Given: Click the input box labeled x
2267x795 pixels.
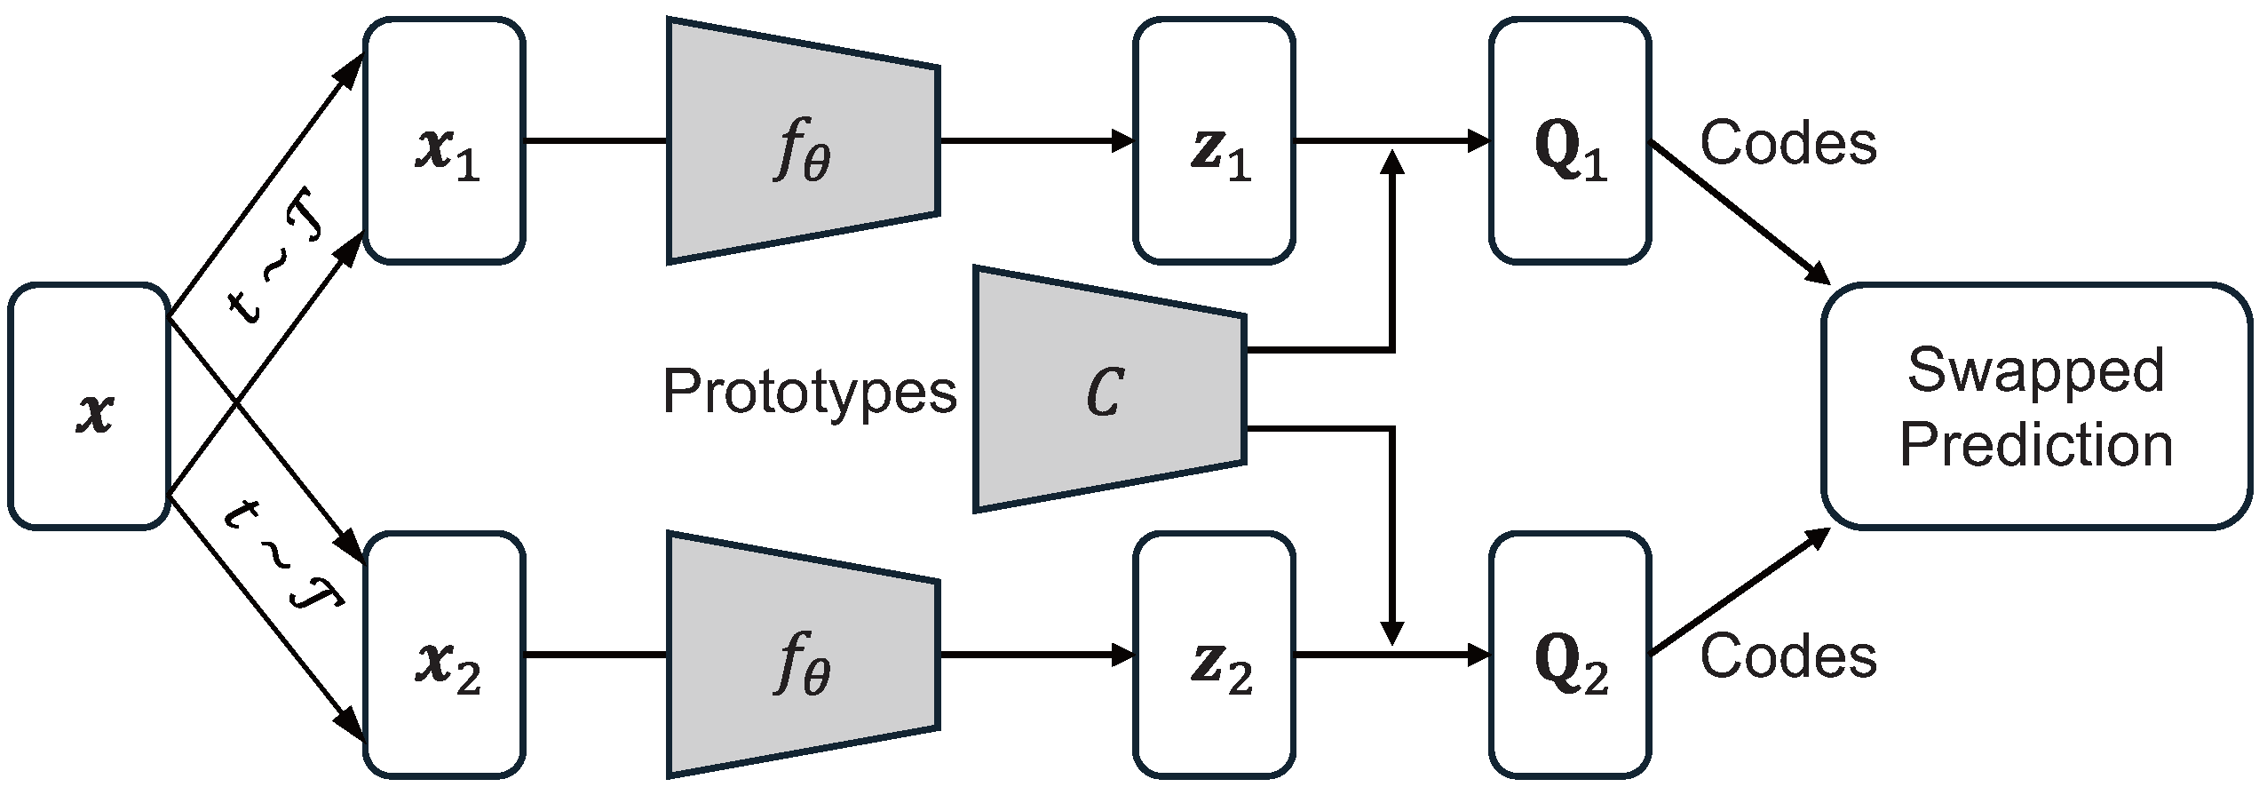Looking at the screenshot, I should point(89,406).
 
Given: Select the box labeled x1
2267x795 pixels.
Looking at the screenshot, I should point(444,140).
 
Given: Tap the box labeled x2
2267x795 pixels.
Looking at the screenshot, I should point(444,656).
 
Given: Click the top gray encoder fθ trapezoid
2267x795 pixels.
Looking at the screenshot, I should point(803,140).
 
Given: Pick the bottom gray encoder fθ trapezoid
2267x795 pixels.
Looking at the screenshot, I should point(803,656).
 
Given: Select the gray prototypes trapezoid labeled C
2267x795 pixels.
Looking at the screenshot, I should point(1108,389).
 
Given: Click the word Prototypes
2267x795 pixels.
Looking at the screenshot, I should point(810,391).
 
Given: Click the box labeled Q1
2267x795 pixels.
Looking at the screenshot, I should point(1570,140).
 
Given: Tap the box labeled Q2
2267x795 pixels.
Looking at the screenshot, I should point(1570,656).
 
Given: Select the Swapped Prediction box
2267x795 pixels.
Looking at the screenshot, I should point(2036,407).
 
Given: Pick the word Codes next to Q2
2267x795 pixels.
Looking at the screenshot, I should point(1788,657).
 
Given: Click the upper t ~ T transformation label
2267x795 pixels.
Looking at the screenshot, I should point(277,266).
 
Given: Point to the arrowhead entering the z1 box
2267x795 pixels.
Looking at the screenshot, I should point(1124,140).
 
